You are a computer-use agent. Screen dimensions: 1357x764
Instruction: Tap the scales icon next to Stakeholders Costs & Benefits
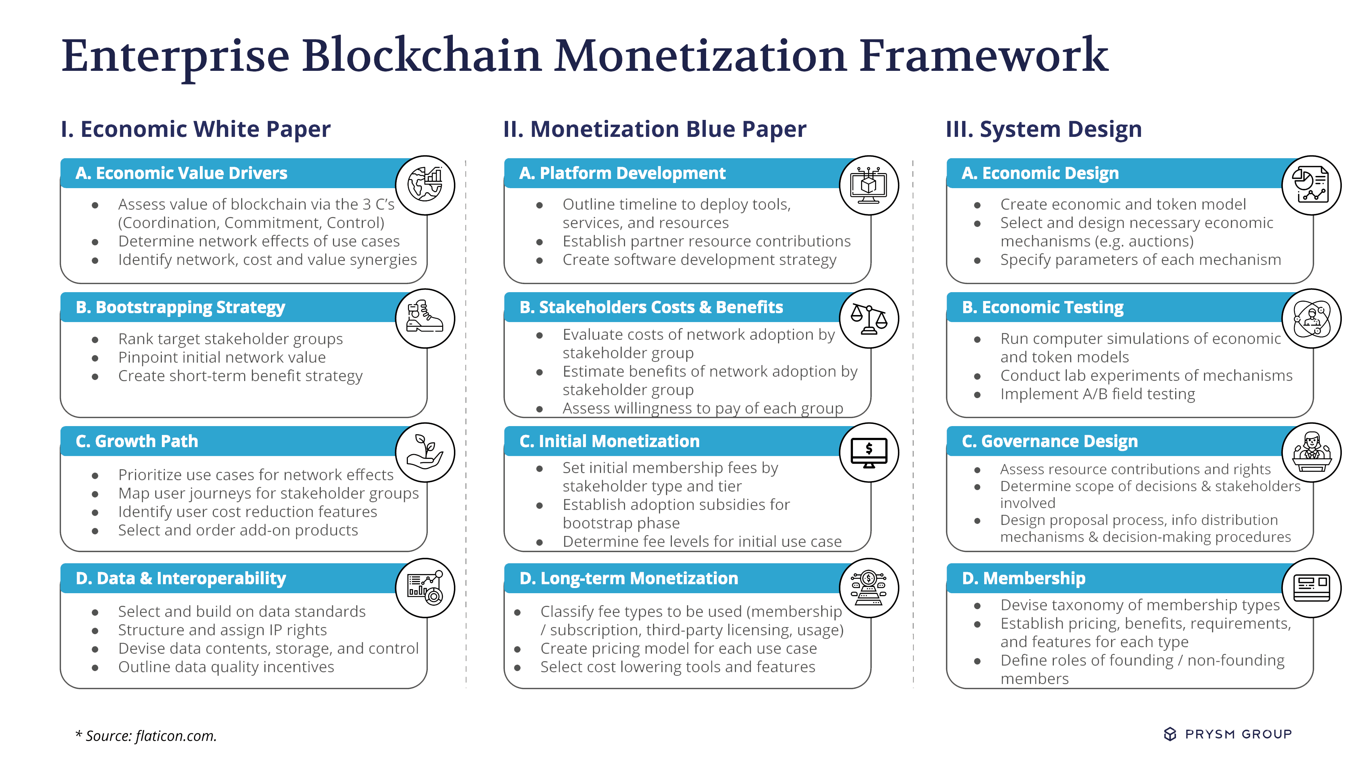869,319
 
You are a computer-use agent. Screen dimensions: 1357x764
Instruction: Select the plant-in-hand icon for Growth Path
425,452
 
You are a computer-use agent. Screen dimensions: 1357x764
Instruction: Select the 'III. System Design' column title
1044,129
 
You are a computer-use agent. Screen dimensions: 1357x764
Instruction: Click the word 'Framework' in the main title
984,56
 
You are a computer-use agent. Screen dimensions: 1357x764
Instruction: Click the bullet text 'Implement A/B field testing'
1097,394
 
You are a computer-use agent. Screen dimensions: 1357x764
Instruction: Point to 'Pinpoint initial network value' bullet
222,357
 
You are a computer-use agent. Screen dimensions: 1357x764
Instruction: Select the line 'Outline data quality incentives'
226,667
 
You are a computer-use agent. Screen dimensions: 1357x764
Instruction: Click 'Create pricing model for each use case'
678,649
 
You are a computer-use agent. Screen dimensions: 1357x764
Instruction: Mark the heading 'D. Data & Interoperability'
181,578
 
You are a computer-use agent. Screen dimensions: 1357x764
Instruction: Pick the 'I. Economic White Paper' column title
195,129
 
